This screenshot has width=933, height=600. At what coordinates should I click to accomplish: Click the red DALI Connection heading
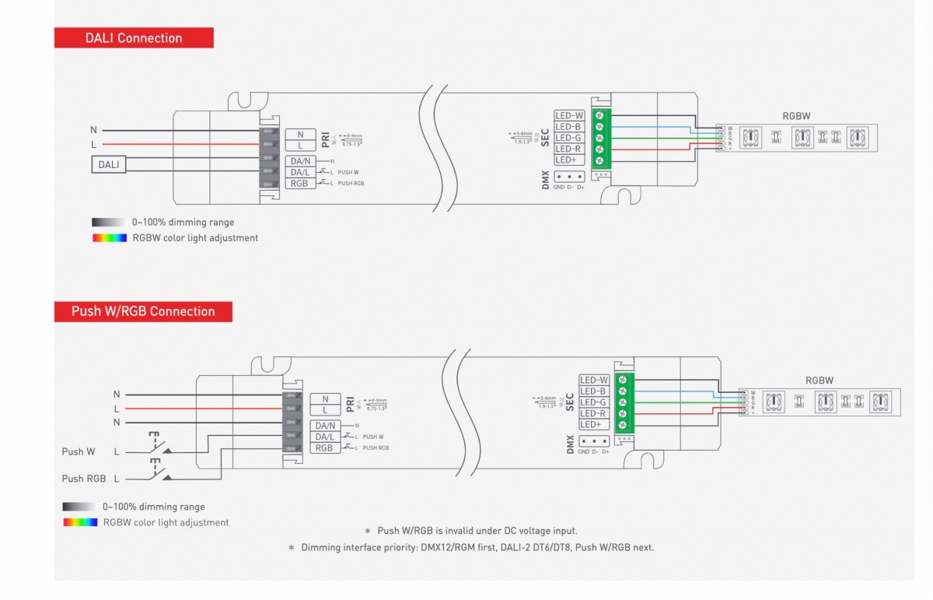coord(134,38)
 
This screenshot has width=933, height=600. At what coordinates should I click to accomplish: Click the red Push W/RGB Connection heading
coord(143,311)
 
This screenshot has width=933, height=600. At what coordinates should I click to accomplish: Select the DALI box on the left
coord(109,164)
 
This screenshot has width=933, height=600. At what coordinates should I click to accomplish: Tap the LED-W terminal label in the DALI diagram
coord(569,115)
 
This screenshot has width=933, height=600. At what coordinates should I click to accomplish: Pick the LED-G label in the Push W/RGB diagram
coord(593,402)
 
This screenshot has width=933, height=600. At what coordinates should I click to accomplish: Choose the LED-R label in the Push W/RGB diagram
coord(593,413)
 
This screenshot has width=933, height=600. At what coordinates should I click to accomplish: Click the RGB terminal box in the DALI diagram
coord(299,183)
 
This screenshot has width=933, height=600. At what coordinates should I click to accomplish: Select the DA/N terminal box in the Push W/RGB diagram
coord(324,426)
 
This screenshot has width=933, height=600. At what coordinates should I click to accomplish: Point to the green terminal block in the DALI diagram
coord(600,138)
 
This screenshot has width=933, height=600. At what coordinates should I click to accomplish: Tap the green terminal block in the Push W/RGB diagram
coord(624,402)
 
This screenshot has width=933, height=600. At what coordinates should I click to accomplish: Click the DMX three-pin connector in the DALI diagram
coord(569,177)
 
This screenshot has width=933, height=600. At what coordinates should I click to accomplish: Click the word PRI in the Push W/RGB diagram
coord(351,402)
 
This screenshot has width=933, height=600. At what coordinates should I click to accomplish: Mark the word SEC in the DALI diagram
coord(546,138)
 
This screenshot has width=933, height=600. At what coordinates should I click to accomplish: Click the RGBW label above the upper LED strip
coord(796,116)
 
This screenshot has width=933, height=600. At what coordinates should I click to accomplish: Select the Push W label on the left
coord(79,451)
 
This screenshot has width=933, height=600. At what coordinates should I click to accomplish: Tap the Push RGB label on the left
coord(84,479)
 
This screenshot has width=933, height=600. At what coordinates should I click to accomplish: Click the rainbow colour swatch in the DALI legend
coord(109,237)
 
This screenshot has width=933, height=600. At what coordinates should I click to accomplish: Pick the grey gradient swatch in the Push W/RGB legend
coord(80,507)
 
